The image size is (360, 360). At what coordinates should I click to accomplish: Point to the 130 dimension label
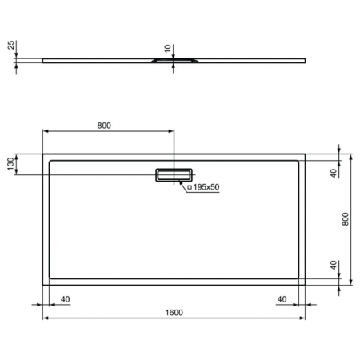pos(10,164)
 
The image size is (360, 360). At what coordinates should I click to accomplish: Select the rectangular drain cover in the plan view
pos(174,174)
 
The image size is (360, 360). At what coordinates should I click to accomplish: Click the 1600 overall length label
pos(174,311)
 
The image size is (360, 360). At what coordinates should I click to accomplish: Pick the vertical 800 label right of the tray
pos(346,218)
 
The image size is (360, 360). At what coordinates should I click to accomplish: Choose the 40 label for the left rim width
pos(66,298)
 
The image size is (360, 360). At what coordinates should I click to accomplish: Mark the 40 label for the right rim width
pos(282,298)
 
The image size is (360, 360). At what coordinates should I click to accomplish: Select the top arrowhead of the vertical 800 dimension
pos(352,156)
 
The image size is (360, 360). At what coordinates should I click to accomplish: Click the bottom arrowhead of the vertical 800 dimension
pos(352,282)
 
